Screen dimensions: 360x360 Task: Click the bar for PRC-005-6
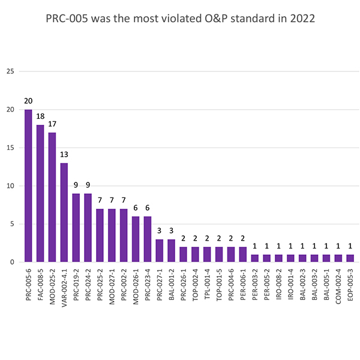coord(28,186)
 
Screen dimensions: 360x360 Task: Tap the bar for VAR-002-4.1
coord(64,212)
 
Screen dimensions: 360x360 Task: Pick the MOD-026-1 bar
coord(136,239)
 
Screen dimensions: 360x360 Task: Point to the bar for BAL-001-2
coord(172,251)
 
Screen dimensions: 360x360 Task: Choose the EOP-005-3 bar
coord(350,259)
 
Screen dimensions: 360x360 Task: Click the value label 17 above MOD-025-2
coord(52,124)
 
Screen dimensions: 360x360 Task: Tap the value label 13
coord(64,155)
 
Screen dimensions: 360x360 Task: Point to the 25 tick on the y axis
coord(10,71)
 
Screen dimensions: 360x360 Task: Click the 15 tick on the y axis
coord(10,148)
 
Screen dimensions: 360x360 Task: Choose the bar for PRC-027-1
coord(160,251)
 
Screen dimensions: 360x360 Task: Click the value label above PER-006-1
coord(243,238)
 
